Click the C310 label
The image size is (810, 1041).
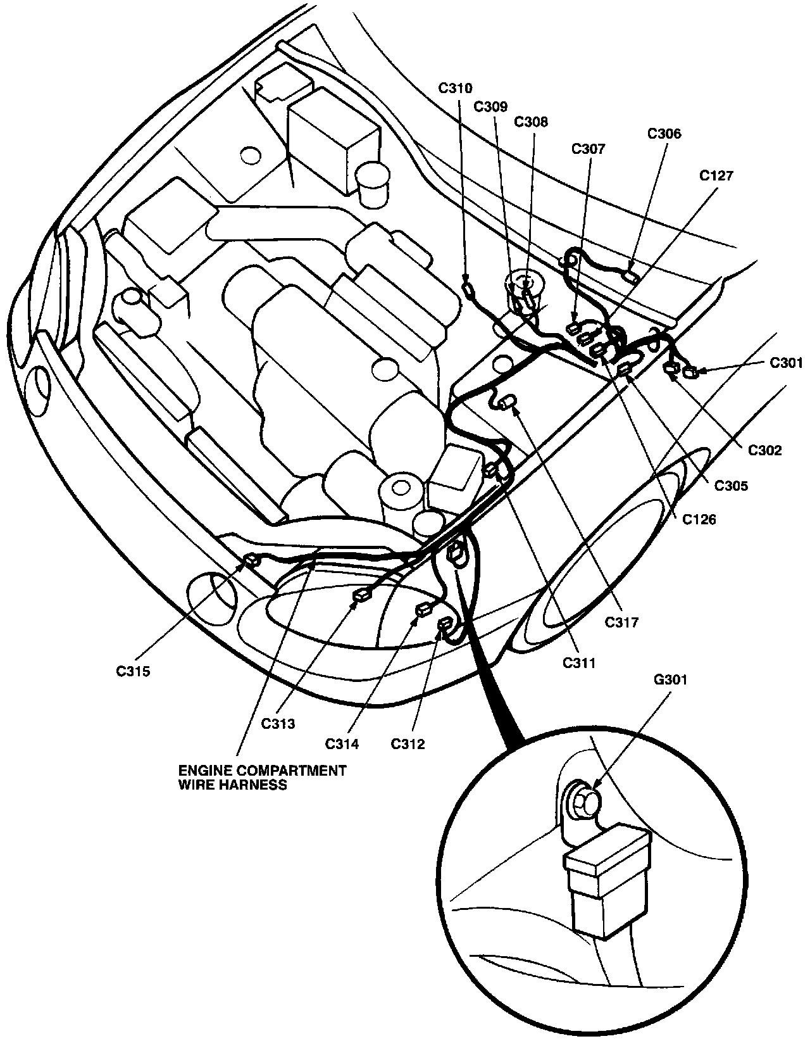(x=456, y=89)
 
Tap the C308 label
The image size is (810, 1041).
(x=531, y=121)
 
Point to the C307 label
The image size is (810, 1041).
(x=588, y=149)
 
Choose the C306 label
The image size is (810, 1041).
(x=664, y=134)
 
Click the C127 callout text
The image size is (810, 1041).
(x=716, y=176)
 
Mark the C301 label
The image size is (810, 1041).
(x=786, y=363)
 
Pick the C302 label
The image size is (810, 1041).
(x=765, y=451)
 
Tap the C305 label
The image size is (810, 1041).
(x=731, y=486)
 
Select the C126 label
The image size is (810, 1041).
(x=699, y=520)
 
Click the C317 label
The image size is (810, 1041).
(x=621, y=622)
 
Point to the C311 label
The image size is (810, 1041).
(x=579, y=663)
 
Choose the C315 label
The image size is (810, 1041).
(x=133, y=672)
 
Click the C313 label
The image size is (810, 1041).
(x=278, y=724)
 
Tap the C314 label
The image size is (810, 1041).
(x=342, y=744)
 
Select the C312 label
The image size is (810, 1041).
(x=408, y=744)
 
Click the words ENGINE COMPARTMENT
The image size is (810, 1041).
(x=262, y=771)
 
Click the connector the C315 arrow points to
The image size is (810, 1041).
(x=251, y=559)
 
